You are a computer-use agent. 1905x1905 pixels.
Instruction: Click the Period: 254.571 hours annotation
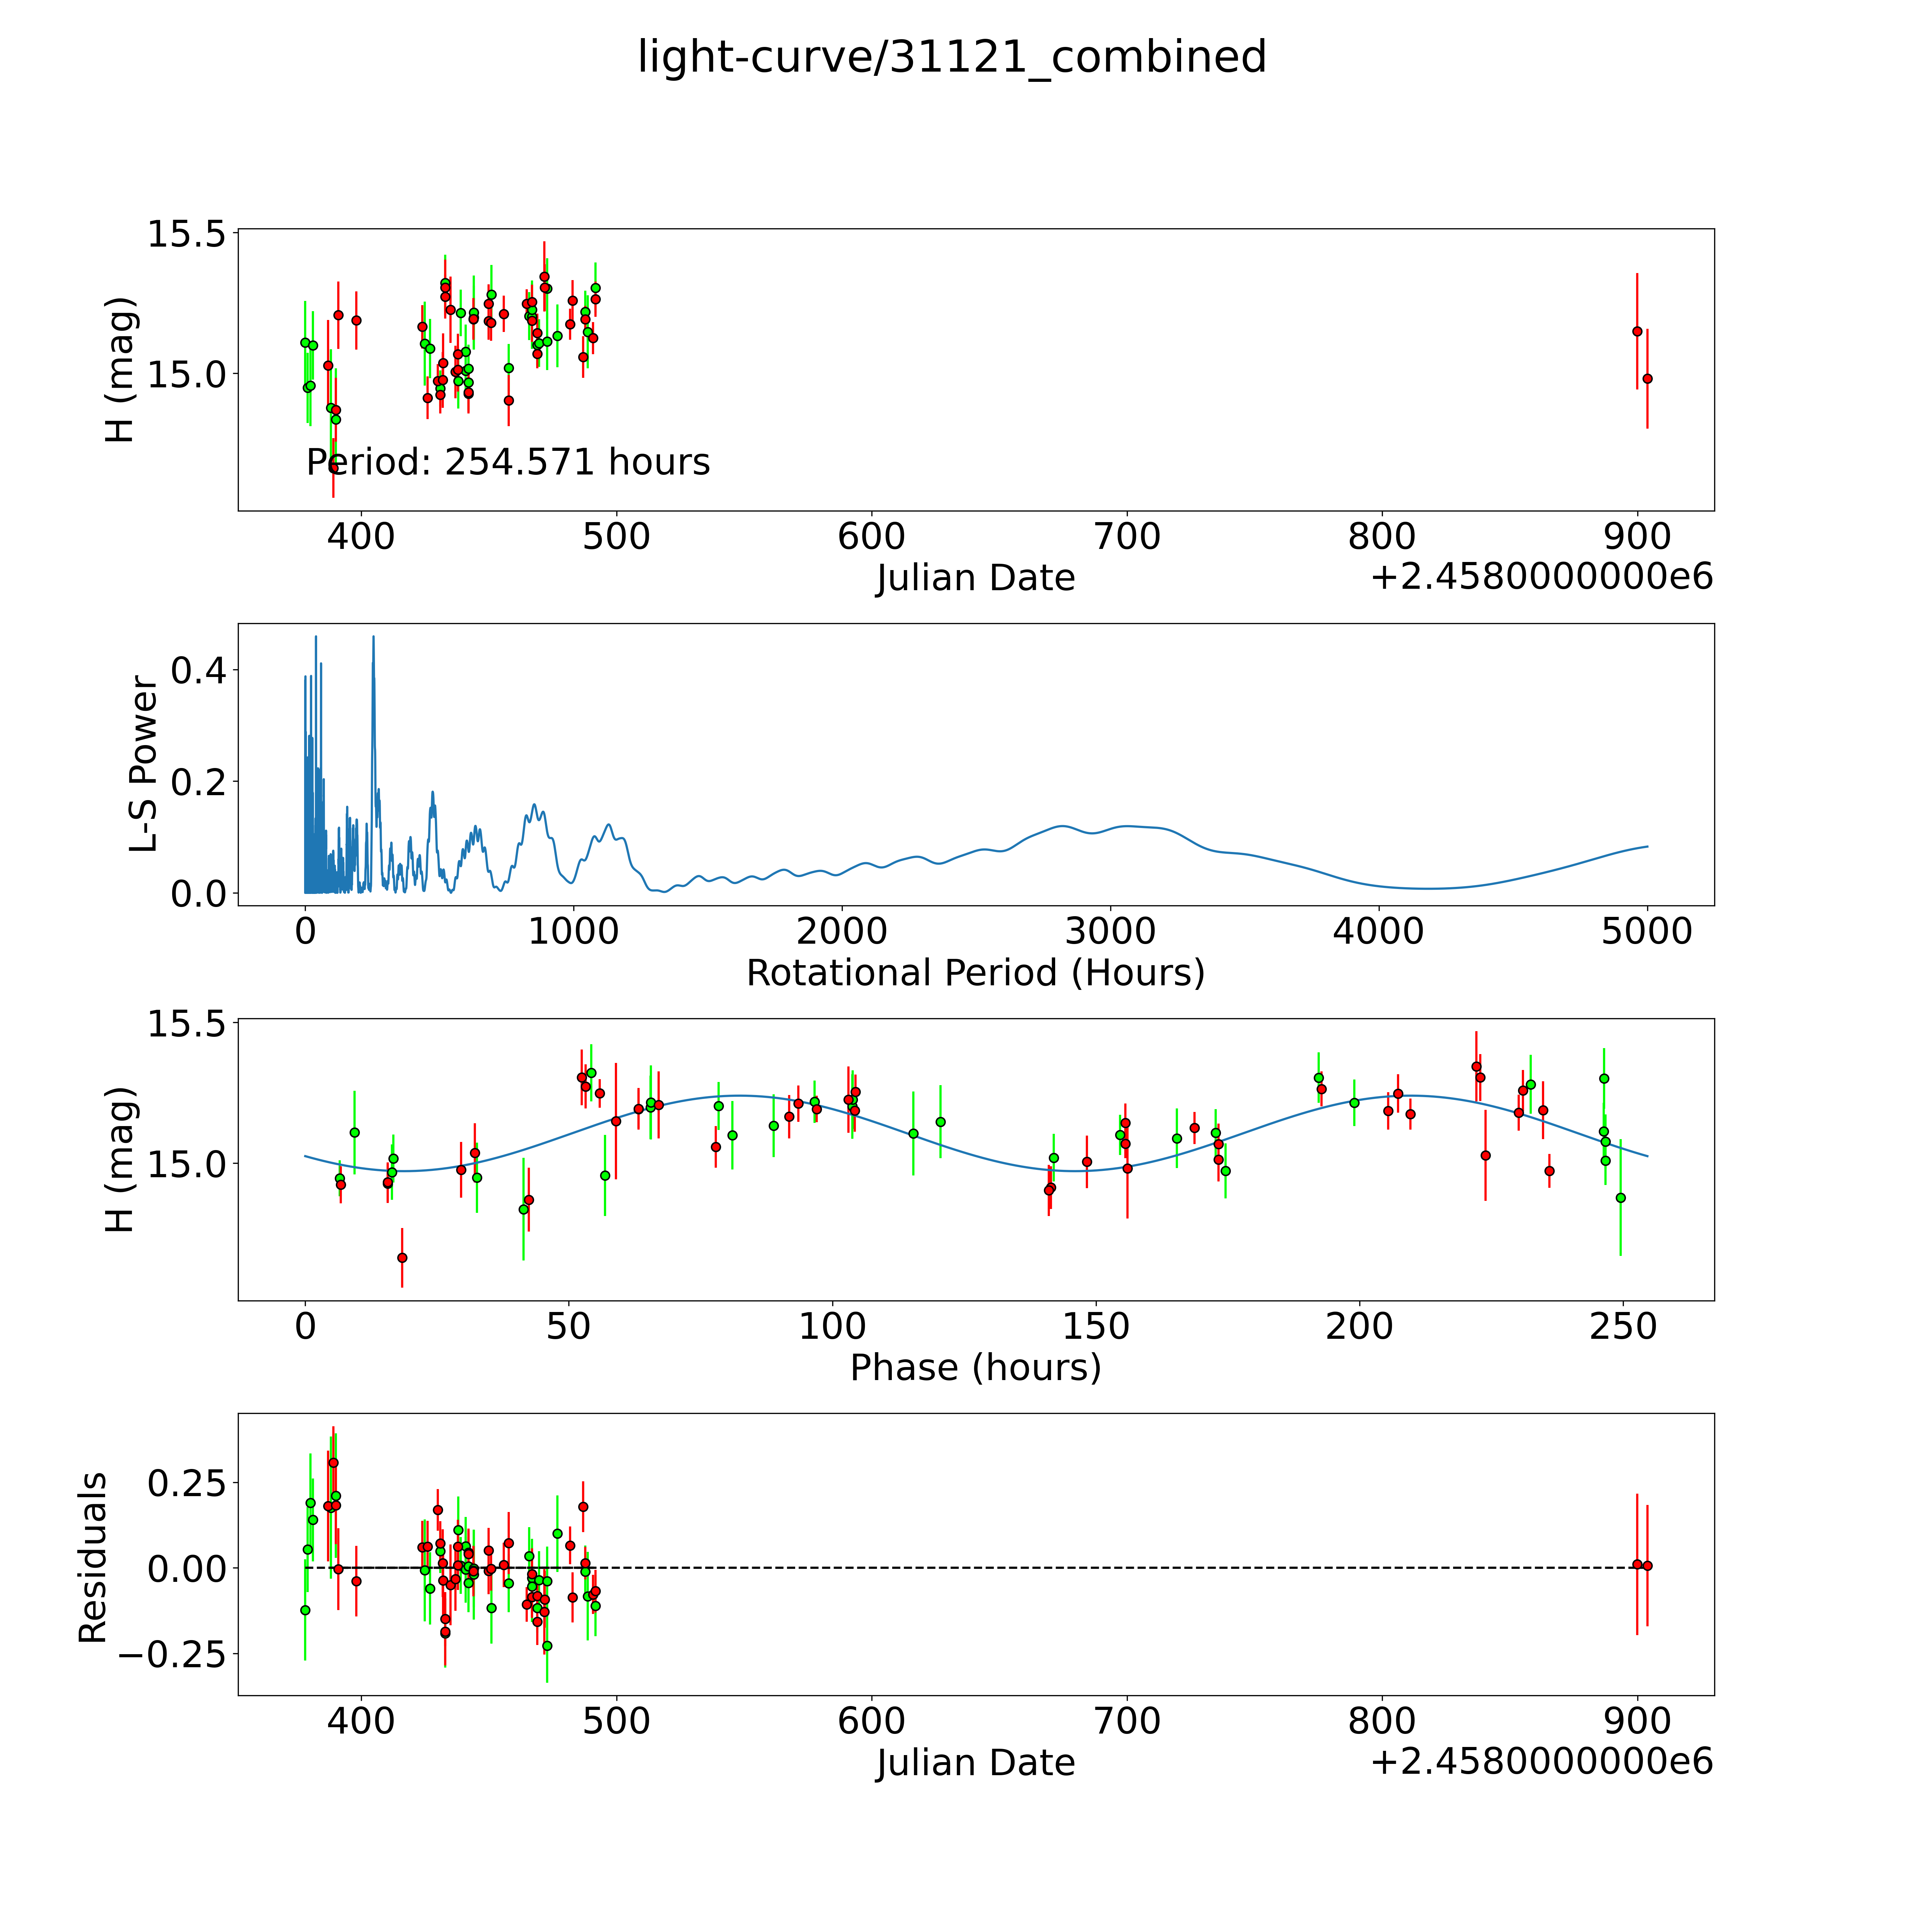click(508, 462)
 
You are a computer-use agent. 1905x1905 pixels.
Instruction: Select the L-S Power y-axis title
click(144, 764)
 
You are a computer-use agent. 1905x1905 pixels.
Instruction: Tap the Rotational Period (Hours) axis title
click(975, 973)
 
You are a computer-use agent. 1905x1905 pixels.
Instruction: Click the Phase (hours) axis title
click(975, 1368)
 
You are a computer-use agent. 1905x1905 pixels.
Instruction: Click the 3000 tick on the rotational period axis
click(1110, 931)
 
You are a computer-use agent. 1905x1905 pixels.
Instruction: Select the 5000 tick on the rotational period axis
click(1647, 931)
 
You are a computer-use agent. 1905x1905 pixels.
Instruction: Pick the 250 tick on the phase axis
click(1623, 1326)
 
